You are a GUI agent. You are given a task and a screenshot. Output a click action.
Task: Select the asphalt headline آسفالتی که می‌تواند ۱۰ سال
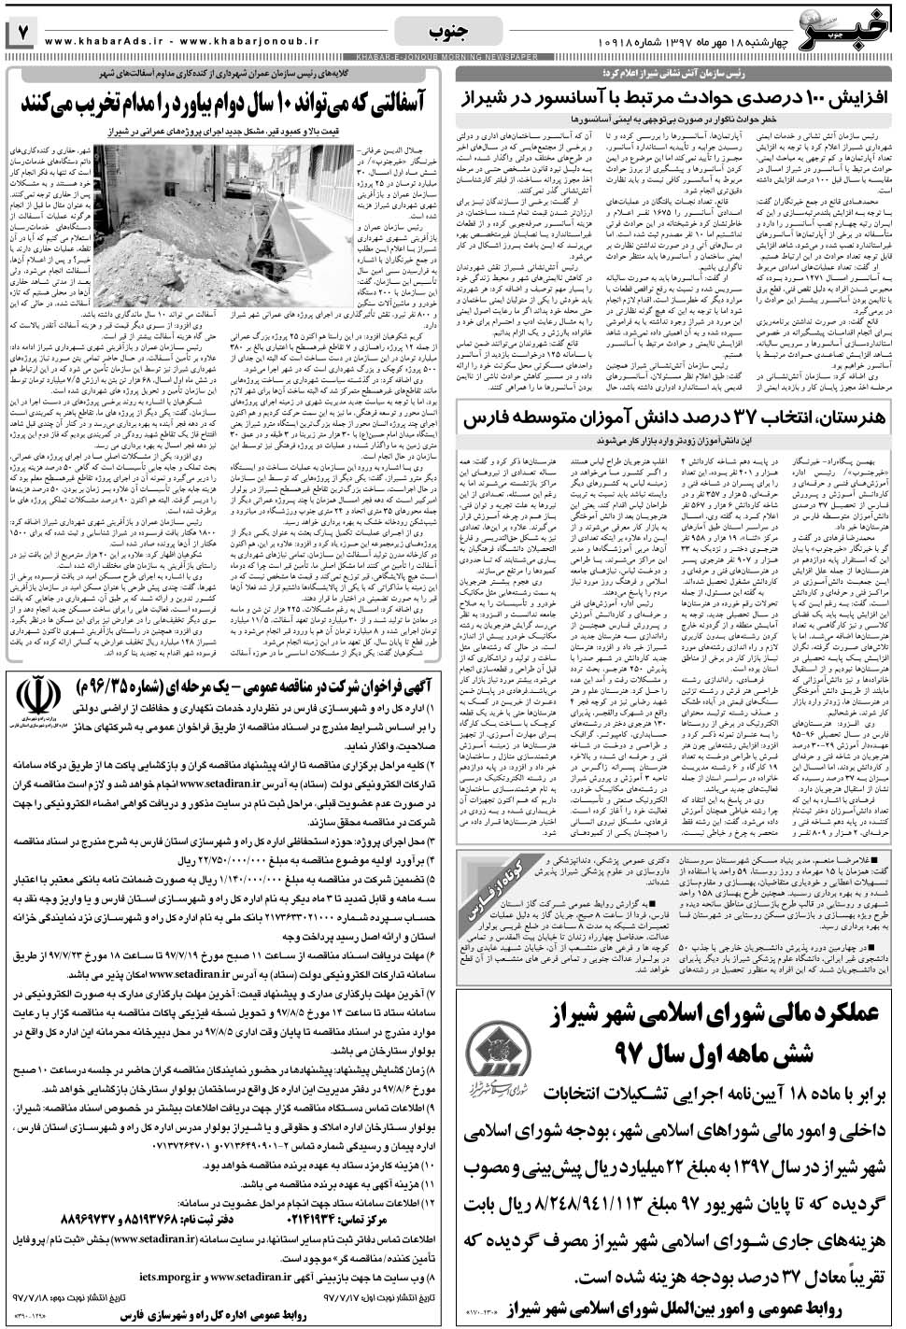(230, 102)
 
